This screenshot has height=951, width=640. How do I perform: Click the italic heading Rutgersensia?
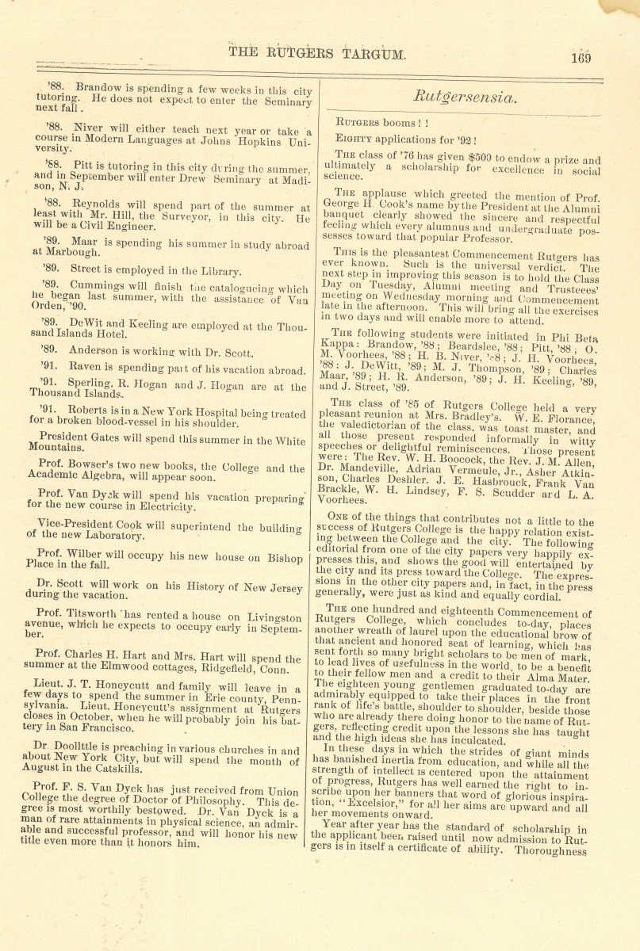(x=465, y=97)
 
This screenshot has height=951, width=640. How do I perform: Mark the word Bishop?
(x=285, y=560)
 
